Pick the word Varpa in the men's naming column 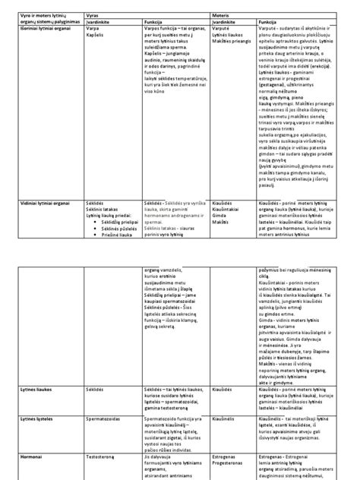coord(92,30)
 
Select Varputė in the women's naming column coord(222,30)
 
